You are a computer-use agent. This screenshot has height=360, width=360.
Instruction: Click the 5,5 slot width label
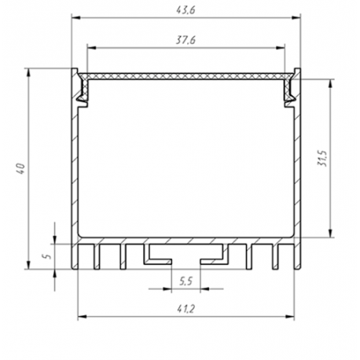pyautogui.click(x=186, y=281)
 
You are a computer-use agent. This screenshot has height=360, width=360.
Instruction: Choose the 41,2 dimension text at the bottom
pyautogui.click(x=186, y=310)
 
